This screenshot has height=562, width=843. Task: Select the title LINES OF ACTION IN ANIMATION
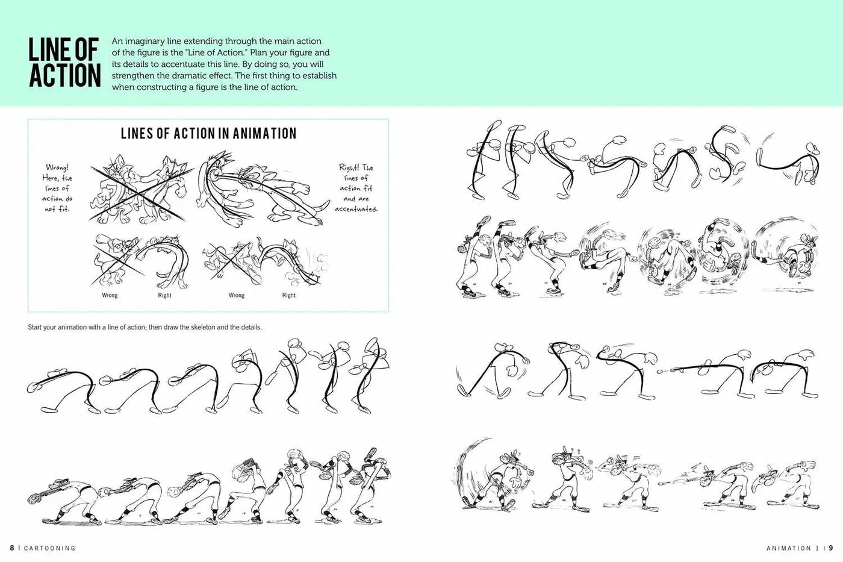pyautogui.click(x=208, y=133)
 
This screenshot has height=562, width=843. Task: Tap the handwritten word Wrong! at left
pyautogui.click(x=57, y=167)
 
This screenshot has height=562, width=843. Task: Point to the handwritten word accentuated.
pyautogui.click(x=356, y=209)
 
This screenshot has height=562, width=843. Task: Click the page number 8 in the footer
pyautogui.click(x=11, y=548)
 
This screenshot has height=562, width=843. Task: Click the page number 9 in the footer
pyautogui.click(x=831, y=548)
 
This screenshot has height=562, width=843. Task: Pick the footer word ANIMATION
pyautogui.click(x=789, y=548)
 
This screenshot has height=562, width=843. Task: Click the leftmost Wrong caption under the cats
pyautogui.click(x=110, y=295)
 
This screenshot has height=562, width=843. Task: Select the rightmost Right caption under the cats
pyautogui.click(x=289, y=295)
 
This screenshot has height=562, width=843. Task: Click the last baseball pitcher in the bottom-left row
pyautogui.click(x=364, y=491)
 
